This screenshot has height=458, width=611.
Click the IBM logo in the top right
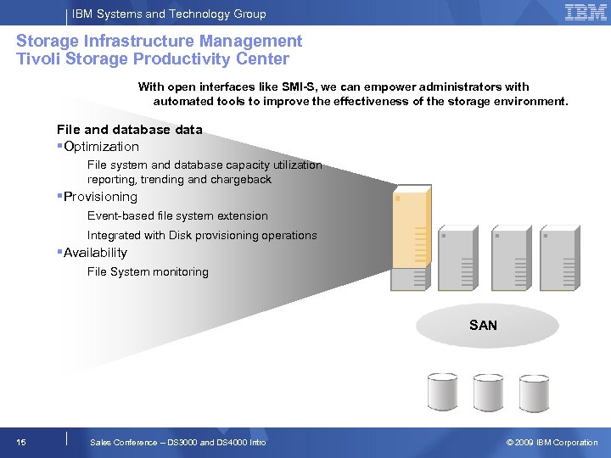[586, 13]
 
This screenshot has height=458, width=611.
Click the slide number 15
[21, 442]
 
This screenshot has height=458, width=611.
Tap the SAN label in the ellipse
[483, 326]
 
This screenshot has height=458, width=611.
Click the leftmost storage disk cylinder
[442, 392]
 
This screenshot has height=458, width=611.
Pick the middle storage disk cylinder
[488, 392]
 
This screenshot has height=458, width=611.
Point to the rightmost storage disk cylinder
[534, 392]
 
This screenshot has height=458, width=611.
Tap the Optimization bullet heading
[101, 147]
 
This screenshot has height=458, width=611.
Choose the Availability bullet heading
[95, 253]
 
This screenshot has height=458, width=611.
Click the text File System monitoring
[148, 272]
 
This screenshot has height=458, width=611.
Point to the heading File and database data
[129, 130]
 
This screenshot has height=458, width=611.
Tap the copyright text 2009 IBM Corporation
[552, 443]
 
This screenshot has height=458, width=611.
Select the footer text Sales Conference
[126, 443]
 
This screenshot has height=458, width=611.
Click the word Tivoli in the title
[39, 59]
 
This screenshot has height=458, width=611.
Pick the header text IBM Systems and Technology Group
[169, 14]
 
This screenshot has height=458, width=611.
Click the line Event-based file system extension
[177, 216]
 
